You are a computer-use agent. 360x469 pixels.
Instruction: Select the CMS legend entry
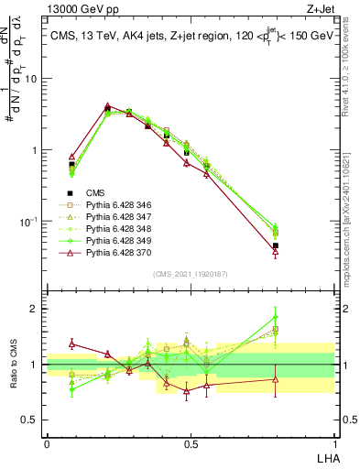(95, 192)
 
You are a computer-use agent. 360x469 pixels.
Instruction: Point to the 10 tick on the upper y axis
(35, 79)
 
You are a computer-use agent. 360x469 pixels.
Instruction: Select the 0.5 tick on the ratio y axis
(35, 420)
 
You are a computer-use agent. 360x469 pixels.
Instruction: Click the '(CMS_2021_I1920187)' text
(191, 274)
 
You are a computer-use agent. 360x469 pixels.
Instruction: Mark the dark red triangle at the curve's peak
(108, 106)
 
